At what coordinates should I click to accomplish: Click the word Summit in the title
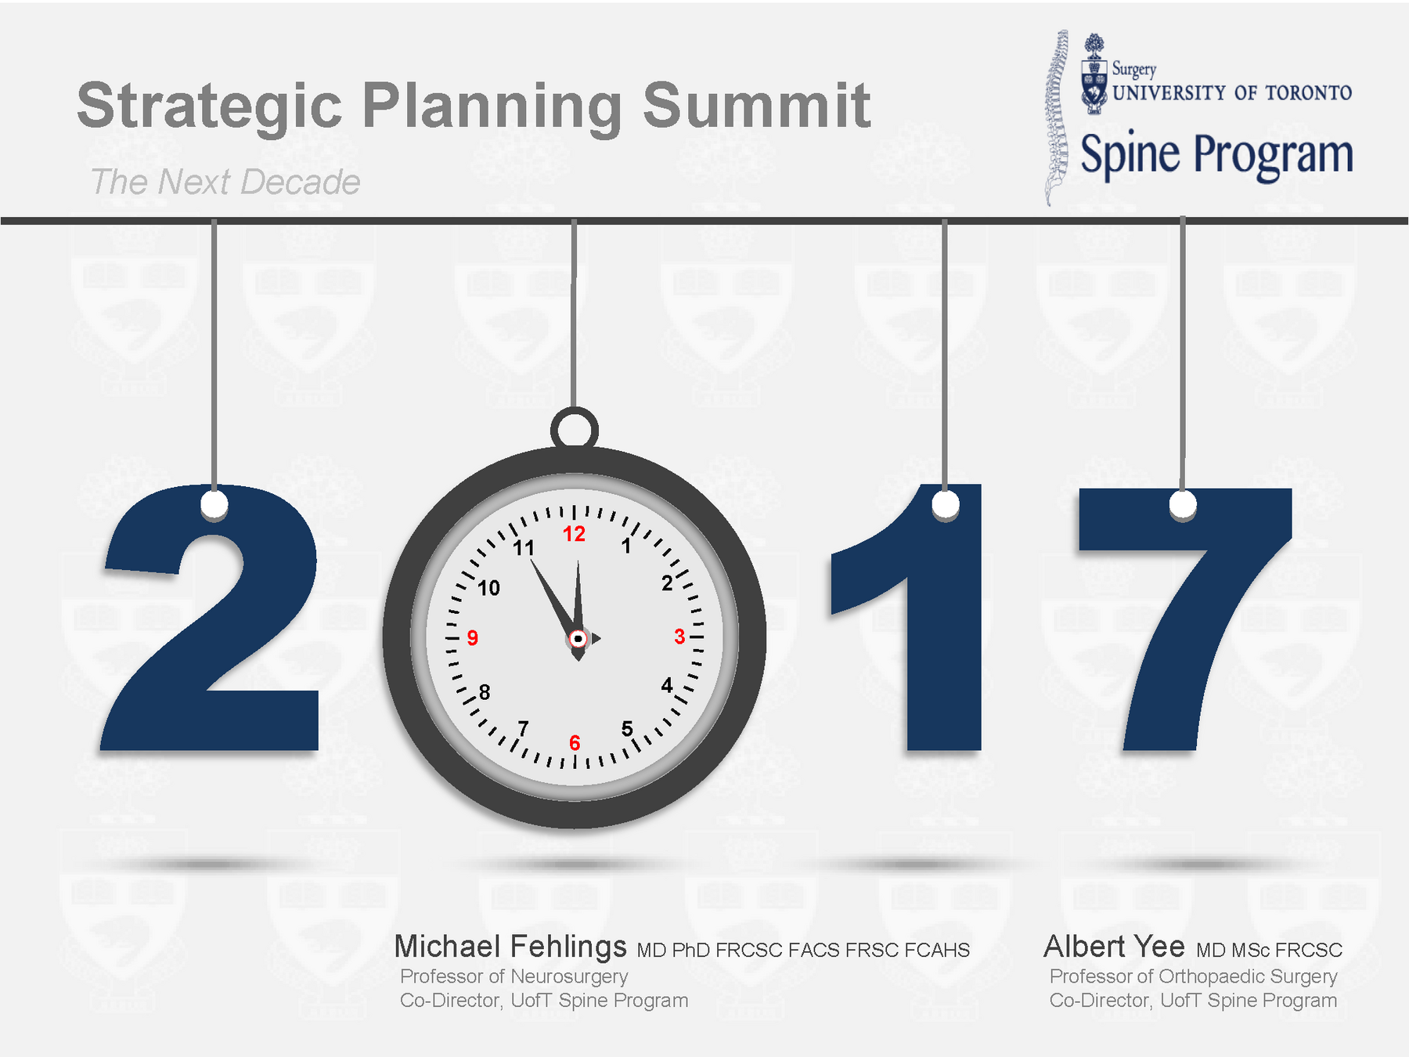coord(756,105)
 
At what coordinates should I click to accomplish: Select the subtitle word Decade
coord(301,182)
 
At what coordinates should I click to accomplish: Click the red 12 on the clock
coord(574,534)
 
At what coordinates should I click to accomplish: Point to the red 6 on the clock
coord(575,742)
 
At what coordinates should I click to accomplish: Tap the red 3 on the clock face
coord(679,637)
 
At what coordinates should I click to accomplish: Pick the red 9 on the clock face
coord(472,638)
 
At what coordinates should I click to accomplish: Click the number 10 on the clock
coord(488,588)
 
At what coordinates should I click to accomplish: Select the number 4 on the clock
coord(667,686)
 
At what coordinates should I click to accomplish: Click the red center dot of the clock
coord(578,639)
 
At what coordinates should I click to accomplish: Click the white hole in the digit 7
coord(1183,505)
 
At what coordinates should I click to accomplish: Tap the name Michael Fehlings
coord(510,947)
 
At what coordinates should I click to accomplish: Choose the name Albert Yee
coord(1115,947)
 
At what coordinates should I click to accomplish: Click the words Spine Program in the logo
coord(1217,155)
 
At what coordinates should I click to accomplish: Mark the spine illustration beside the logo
coord(1057,117)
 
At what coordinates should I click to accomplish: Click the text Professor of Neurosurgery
coord(514,976)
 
